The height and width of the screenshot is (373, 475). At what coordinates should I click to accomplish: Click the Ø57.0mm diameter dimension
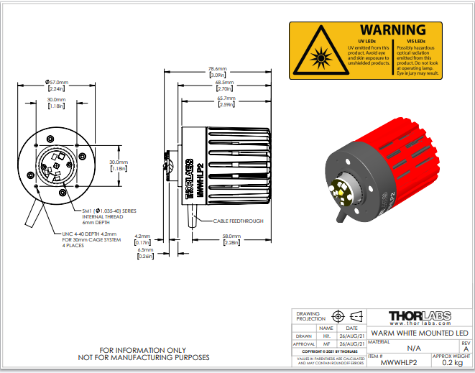pyautogui.click(x=57, y=83)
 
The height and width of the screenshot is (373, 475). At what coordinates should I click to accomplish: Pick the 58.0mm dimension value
pyautogui.click(x=231, y=236)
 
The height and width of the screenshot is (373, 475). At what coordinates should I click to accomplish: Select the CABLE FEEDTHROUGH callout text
pyautogui.click(x=238, y=221)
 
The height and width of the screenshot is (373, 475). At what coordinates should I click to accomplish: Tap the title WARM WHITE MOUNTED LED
pyautogui.click(x=419, y=333)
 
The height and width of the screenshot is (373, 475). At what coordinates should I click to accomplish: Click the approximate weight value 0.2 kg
pyautogui.click(x=452, y=363)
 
